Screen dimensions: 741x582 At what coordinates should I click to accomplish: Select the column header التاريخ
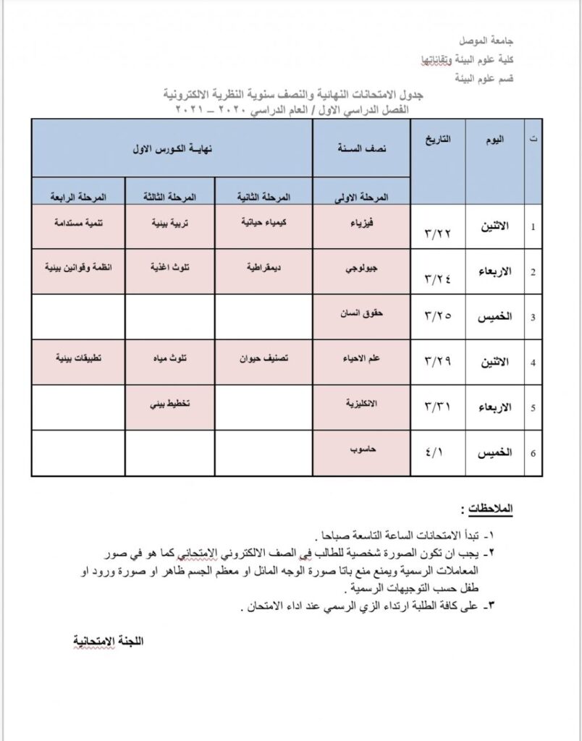[x=437, y=140]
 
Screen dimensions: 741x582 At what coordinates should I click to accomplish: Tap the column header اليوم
[x=494, y=140]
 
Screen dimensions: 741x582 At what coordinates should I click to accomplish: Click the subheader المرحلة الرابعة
[x=78, y=197]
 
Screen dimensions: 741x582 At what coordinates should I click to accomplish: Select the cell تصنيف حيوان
[x=263, y=357]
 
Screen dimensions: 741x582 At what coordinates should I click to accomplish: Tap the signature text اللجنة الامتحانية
[x=109, y=641]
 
